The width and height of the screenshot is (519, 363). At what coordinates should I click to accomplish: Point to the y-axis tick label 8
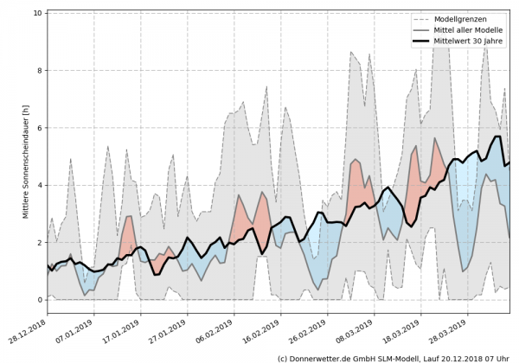(40, 71)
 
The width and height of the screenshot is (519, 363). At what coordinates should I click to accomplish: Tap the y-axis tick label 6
(40, 128)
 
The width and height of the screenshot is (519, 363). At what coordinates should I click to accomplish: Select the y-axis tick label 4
(40, 186)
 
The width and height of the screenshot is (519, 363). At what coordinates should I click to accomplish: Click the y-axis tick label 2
(40, 243)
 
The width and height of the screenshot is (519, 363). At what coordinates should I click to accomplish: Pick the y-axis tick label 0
(40, 301)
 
